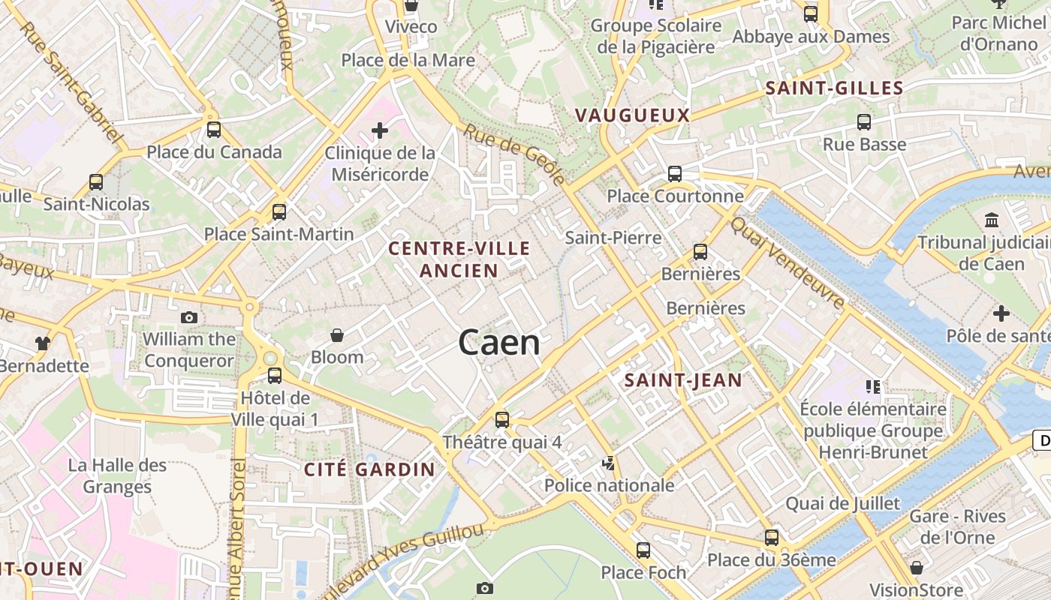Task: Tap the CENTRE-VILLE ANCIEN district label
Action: tap(459, 259)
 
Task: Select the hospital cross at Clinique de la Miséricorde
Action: tap(380, 131)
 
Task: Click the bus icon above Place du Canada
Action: tap(214, 130)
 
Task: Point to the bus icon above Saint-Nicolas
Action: tap(96, 181)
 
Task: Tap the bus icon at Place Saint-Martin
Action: tap(279, 212)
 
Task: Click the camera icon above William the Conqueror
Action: tap(189, 317)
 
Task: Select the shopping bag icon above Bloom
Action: tap(337, 334)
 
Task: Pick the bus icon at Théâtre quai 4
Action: tap(502, 420)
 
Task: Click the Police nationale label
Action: tap(610, 485)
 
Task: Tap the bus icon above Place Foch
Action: tap(643, 550)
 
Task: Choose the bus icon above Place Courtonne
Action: tap(675, 174)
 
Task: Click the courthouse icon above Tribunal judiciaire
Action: tap(992, 220)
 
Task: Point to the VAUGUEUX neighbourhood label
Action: tap(632, 115)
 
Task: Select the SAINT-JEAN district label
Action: tap(683, 380)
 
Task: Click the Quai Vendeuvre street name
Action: tap(787, 262)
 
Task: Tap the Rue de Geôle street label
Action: tap(514, 154)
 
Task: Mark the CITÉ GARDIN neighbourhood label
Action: tap(369, 469)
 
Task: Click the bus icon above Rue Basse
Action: tap(864, 122)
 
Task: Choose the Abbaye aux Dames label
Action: tap(811, 36)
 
